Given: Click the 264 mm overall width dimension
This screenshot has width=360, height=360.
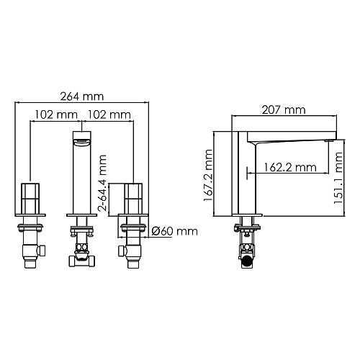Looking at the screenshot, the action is [82, 96].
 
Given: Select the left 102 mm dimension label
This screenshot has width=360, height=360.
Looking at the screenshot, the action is [56, 114].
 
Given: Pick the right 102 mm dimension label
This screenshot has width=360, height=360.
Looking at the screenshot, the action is [109, 114].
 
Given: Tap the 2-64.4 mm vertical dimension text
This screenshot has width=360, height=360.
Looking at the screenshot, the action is [102, 183].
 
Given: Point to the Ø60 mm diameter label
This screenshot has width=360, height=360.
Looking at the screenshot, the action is [175, 231].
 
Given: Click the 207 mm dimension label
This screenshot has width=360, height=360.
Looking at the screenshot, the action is [284, 110].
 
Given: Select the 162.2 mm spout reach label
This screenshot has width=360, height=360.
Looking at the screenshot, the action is [290, 167].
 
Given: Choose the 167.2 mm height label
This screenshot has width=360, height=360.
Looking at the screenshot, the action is [208, 175].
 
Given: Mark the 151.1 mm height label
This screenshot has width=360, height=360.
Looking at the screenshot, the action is [338, 178].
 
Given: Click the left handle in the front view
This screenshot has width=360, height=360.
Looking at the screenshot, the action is [30, 199].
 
